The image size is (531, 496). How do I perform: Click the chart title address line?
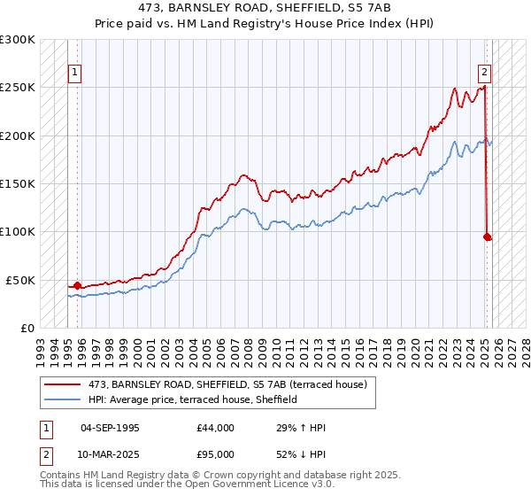[265, 7]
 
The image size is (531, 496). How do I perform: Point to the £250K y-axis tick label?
[19, 88]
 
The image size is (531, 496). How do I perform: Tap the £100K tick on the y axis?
[19, 232]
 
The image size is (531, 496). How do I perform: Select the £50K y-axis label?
[21, 280]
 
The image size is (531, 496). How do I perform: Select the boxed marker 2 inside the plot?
[485, 73]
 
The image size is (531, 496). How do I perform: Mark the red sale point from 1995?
[77, 285]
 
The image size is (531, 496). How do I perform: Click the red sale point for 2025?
[487, 236]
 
